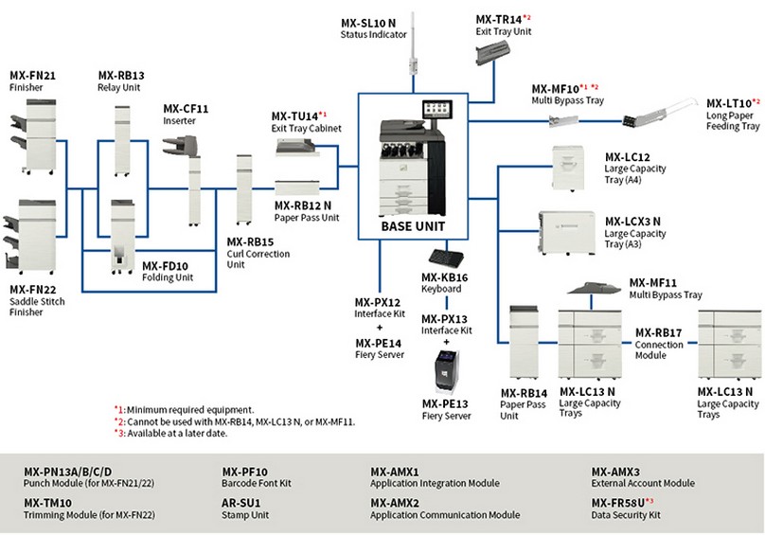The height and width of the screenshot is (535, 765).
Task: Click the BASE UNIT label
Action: (413, 226)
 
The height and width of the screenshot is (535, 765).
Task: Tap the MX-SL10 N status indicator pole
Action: (414, 62)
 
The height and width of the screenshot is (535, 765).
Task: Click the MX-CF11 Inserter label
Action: (186, 114)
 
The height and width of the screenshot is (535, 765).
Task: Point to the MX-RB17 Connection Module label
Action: (659, 339)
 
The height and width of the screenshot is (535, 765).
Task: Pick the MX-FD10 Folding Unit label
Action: (167, 272)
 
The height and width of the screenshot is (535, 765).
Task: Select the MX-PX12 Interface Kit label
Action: (379, 308)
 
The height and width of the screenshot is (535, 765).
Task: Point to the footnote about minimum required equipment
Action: (184, 409)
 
